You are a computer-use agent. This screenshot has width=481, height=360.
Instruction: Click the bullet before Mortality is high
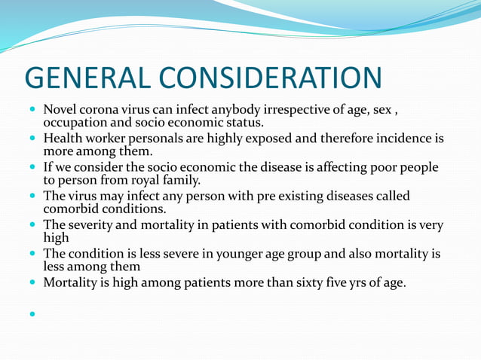click(x=33, y=282)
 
